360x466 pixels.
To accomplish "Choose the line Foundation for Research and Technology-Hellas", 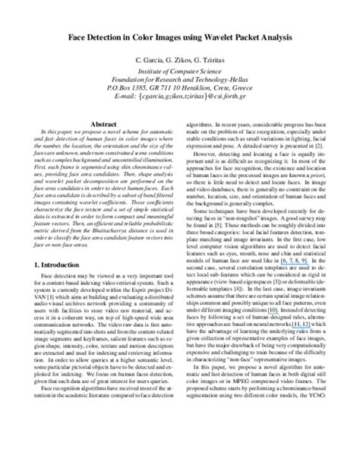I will (180, 83).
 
